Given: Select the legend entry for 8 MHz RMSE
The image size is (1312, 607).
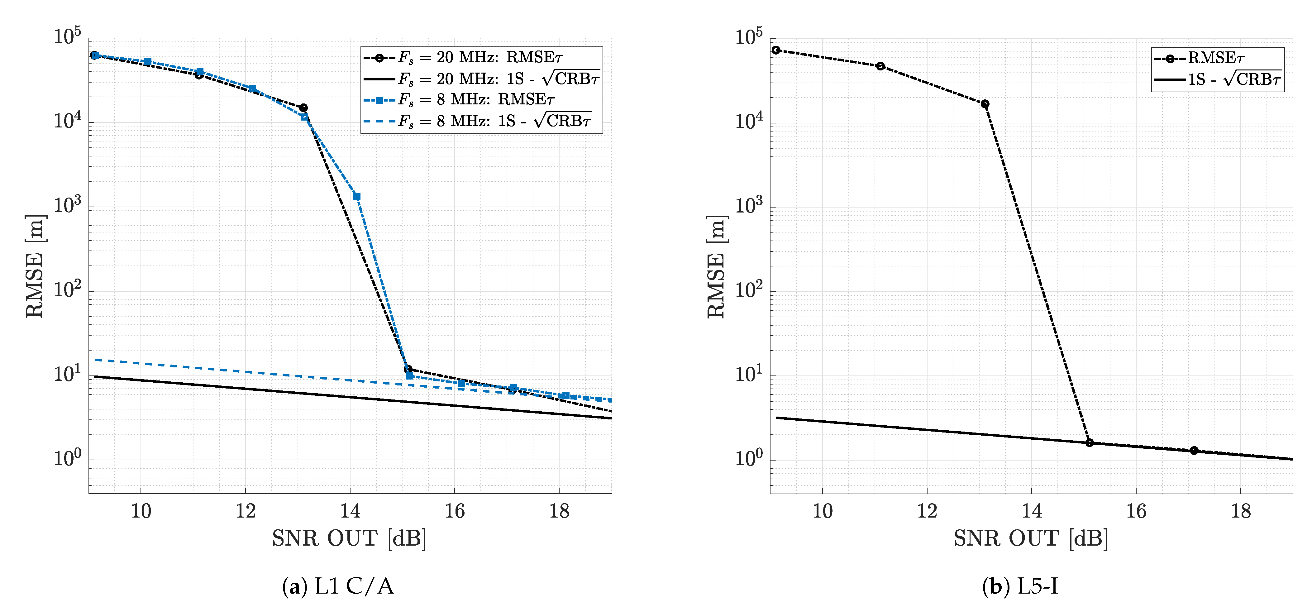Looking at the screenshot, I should (476, 100).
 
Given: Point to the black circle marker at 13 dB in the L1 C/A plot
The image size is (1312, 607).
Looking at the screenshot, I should (303, 108).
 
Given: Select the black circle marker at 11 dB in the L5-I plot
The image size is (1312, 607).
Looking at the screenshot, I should (880, 66).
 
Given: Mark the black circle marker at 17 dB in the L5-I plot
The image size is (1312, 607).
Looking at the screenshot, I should (1194, 451).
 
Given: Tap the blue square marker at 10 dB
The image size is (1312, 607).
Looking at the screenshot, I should (148, 62).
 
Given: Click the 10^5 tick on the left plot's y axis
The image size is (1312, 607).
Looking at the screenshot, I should (67, 37).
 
